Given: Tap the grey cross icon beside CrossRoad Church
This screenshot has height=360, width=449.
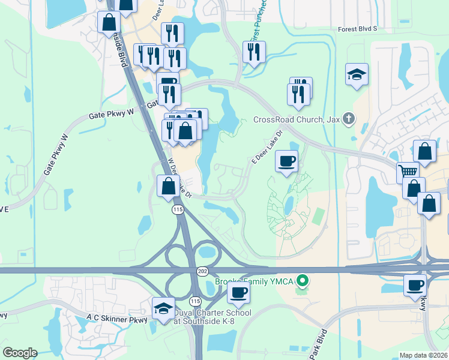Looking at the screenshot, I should [348, 118].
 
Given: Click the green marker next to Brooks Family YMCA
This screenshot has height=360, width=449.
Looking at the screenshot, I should [304, 280].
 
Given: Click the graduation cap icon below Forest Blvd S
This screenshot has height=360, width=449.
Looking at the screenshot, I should [357, 74].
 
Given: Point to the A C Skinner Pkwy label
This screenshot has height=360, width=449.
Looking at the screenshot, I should [117, 319].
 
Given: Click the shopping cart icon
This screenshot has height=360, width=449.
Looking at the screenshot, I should [408, 172].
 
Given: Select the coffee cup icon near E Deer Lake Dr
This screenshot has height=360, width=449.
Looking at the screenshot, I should [286, 161].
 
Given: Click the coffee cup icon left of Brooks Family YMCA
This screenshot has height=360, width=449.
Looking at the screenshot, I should [238, 293].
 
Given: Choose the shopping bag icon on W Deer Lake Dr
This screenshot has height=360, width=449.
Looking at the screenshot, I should [168, 186].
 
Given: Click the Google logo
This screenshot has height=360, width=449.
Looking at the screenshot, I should [20, 353].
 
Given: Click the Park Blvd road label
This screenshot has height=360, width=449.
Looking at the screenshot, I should [319, 344].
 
